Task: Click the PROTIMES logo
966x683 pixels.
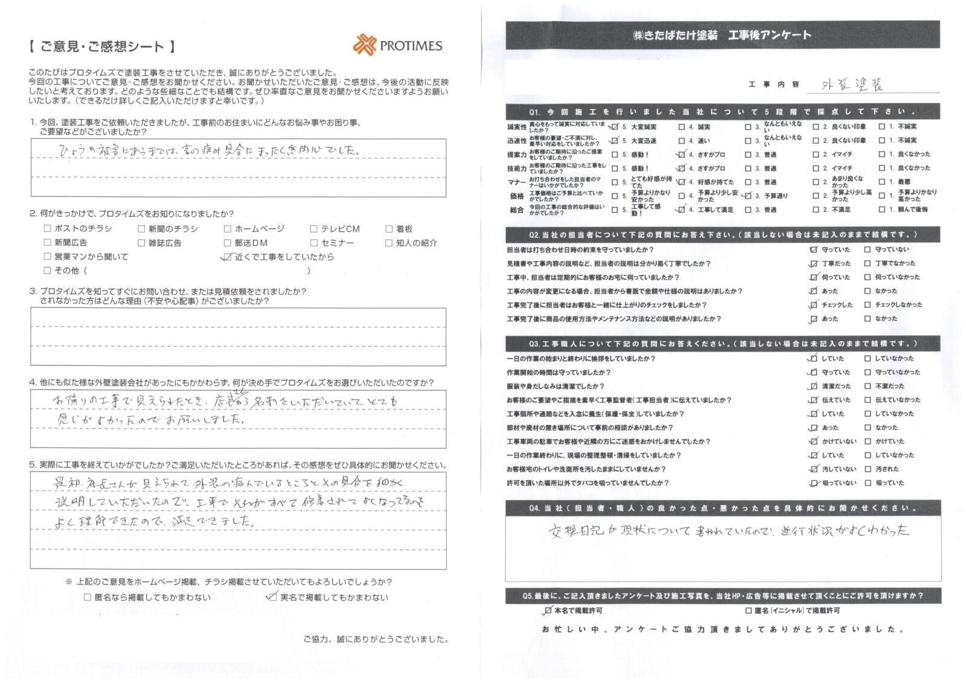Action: point(397,45)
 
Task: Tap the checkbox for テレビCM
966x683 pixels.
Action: point(313,229)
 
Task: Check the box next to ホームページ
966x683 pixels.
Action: point(228,229)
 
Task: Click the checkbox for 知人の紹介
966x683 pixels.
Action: point(388,243)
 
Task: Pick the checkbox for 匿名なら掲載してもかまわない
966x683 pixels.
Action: point(88,597)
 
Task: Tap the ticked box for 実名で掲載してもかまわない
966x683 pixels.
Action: point(272,597)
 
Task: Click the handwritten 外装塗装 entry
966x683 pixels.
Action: point(852,85)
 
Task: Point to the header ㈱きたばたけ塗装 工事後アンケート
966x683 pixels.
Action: point(721,35)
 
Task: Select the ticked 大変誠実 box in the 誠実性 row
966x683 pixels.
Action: point(615,127)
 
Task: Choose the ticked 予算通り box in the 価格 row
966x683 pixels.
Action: point(748,196)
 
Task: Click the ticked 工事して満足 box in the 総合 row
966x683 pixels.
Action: point(682,210)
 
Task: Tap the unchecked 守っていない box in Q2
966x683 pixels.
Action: point(868,249)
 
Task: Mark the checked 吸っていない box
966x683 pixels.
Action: point(813,483)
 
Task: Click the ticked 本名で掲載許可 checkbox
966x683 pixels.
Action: point(547,611)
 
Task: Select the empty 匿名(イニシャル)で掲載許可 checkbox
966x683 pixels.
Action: point(748,611)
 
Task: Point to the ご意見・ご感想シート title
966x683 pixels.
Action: point(102,46)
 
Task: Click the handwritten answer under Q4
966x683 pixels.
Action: point(728,531)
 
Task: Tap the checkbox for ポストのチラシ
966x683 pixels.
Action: point(47,228)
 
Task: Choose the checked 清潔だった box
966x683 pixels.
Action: point(813,386)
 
